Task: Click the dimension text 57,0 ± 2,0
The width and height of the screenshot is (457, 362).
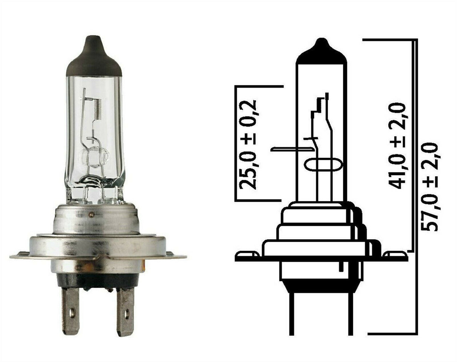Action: pyautogui.click(x=429, y=186)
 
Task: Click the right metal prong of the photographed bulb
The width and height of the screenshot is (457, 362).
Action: pyautogui.click(x=125, y=311)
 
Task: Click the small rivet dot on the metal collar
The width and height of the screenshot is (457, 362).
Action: pyautogui.click(x=91, y=215)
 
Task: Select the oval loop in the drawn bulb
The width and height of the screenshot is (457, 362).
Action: pyautogui.click(x=323, y=165)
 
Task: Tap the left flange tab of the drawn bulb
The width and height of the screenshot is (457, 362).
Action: pyautogui.click(x=247, y=256)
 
